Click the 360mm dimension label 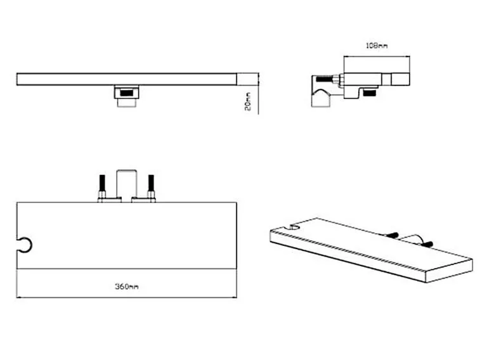click(x=127, y=286)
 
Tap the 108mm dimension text click(x=376, y=46)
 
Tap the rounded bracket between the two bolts click(x=127, y=170)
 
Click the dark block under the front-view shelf click(x=126, y=93)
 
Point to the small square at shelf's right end click(x=247, y=79)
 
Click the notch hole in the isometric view click(x=294, y=227)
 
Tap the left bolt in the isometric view click(x=392, y=235)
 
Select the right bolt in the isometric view click(x=427, y=244)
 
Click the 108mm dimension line click(x=377, y=56)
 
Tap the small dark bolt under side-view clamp click(x=370, y=93)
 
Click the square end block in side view click(x=400, y=79)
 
